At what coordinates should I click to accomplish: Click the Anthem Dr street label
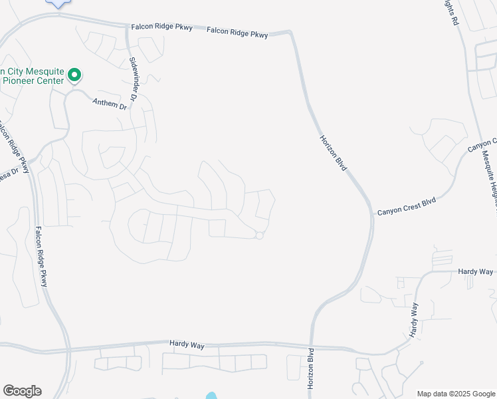pos(110,104)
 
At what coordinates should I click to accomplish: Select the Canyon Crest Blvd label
pos(407,206)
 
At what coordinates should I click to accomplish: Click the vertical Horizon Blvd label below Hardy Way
pos(310,369)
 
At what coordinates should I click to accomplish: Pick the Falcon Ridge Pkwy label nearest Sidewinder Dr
pos(161,27)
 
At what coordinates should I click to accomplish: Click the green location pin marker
pos(75,76)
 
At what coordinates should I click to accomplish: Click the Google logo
pos(22,391)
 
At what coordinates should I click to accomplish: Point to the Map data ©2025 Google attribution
pos(456,394)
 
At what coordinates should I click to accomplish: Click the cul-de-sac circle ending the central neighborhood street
pos(260,235)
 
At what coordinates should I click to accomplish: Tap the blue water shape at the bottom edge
pos(211,396)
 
